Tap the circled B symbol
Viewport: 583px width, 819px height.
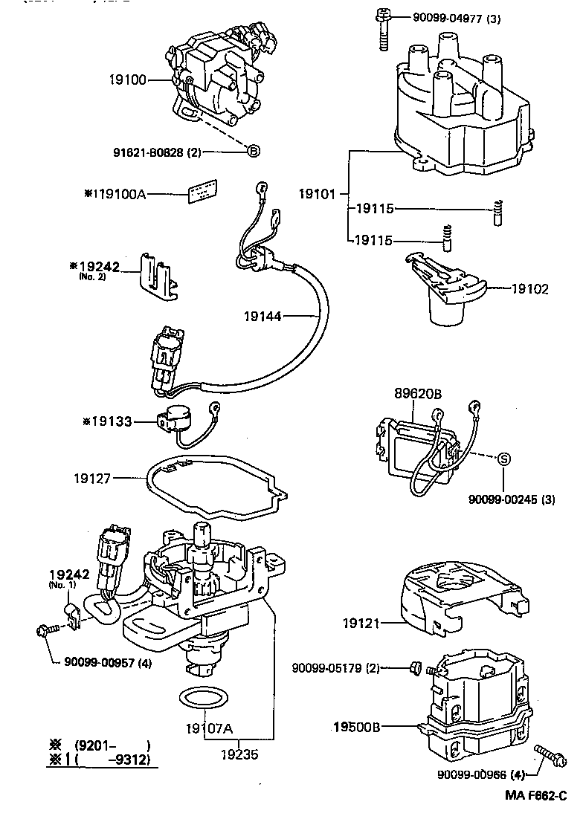pyautogui.click(x=253, y=152)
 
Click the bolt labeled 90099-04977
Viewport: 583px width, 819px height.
pyautogui.click(x=384, y=30)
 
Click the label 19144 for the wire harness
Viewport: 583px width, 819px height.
pyautogui.click(x=262, y=317)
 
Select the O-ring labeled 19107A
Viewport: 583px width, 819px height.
pyautogui.click(x=202, y=699)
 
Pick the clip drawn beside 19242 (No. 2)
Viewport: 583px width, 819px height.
pyautogui.click(x=158, y=275)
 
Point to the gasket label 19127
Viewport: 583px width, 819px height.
pyautogui.click(x=92, y=479)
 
